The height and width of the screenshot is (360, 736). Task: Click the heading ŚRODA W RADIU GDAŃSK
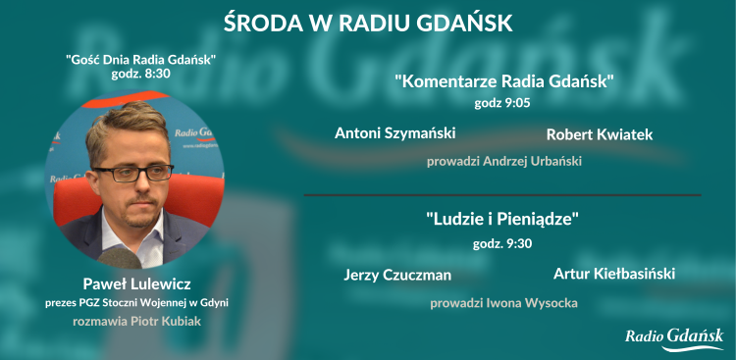[368, 22]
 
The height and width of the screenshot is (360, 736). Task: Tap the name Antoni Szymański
[395, 132]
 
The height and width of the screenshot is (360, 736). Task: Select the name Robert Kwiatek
[599, 133]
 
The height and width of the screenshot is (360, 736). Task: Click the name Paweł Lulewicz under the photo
[136, 284]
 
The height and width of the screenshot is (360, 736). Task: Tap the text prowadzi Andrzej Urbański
[503, 161]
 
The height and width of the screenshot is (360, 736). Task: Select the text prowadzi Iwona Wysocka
[503, 302]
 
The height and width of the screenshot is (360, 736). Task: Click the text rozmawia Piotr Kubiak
[136, 321]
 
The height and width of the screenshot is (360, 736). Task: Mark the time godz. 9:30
[503, 242]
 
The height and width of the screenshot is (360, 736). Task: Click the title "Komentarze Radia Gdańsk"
[503, 80]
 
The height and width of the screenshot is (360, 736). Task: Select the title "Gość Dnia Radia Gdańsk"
[140, 60]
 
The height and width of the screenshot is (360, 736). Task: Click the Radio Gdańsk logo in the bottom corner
[674, 337]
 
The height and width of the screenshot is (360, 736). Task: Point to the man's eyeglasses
[131, 173]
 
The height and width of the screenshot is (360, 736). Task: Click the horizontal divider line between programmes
[501, 195]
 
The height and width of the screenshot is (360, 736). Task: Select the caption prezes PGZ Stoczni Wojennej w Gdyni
[136, 303]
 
